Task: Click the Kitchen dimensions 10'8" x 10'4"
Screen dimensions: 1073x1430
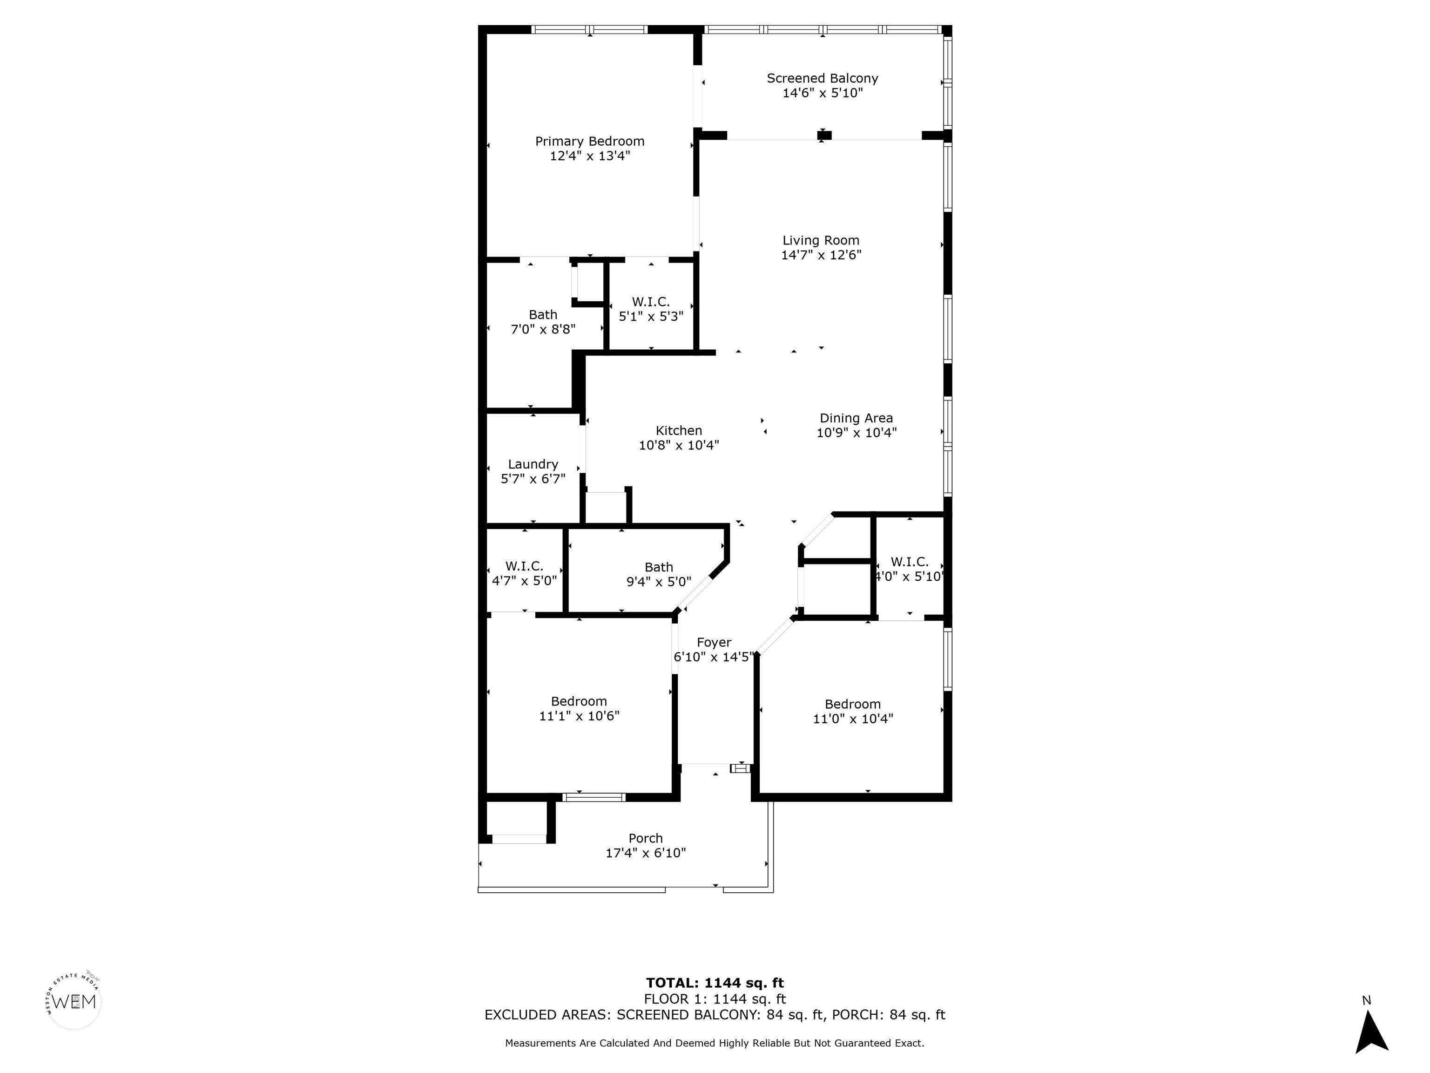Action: click(678, 445)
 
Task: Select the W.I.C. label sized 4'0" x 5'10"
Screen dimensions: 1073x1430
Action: click(909, 562)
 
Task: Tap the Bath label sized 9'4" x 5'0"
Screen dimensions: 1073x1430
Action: click(658, 567)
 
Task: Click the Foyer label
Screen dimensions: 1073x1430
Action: click(714, 642)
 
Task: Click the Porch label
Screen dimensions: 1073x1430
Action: click(645, 838)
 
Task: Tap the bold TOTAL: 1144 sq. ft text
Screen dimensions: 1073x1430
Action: click(715, 983)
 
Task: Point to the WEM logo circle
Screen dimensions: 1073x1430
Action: click(74, 1002)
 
